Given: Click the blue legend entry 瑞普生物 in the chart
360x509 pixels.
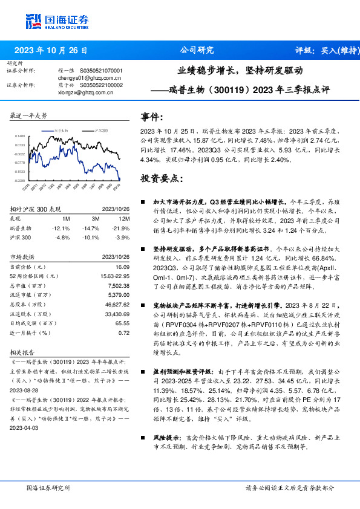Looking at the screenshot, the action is tap(62, 130).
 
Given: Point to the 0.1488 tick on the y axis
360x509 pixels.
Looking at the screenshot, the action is tap(20, 137).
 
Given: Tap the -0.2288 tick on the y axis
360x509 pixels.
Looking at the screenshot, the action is tap(20, 181).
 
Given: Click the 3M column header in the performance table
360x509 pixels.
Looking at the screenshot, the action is tap(96, 218).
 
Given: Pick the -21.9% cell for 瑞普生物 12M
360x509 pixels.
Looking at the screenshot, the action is tap(121, 229).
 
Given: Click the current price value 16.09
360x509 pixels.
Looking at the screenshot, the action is tap(123, 266).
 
